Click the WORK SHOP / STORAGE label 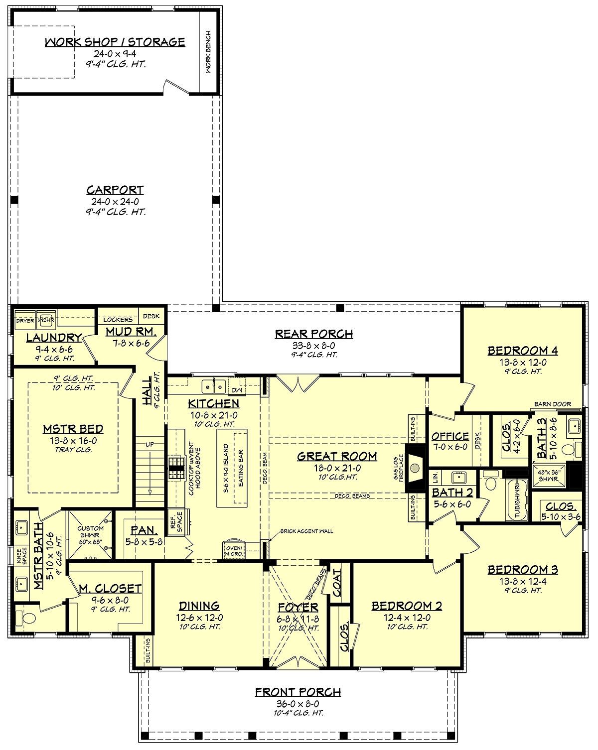(115, 42)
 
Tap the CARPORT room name (115, 190)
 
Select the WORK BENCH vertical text (208, 52)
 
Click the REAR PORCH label (314, 334)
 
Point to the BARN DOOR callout (553, 404)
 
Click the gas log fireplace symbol (415, 468)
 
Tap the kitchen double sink (214, 386)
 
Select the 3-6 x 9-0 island (233, 468)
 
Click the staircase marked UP (150, 471)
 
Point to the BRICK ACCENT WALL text (306, 531)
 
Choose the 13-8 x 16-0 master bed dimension (73, 441)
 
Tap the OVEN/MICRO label (233, 550)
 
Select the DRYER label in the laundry (25, 321)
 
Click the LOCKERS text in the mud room (118, 320)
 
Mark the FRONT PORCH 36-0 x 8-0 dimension (298, 704)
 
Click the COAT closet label (337, 583)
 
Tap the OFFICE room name (450, 436)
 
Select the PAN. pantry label (144, 530)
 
